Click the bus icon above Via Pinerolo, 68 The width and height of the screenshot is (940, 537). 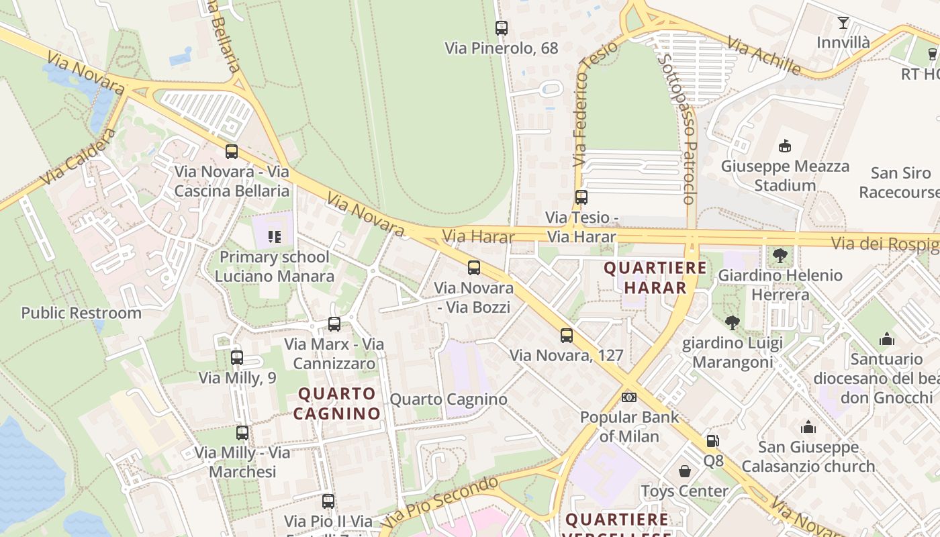[x=502, y=28]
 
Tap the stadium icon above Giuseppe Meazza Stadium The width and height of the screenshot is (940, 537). [x=784, y=146]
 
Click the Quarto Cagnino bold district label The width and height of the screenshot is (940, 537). [x=337, y=403]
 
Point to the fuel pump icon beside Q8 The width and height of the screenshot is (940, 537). [x=712, y=441]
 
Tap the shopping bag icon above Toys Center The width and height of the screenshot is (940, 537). [x=685, y=471]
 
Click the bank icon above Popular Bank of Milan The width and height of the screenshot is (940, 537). [x=629, y=397]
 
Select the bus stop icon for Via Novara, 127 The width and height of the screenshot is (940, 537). [x=567, y=336]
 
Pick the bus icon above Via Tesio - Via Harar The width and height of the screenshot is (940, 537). [x=581, y=197]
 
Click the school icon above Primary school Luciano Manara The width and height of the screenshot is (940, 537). [x=274, y=236]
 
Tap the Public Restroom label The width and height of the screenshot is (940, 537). [x=81, y=313]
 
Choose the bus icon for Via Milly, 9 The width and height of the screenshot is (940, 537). [x=237, y=358]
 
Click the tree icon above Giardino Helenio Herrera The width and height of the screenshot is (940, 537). [x=780, y=256]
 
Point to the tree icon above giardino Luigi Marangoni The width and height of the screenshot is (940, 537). [x=733, y=323]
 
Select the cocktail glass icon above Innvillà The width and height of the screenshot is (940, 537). [x=843, y=23]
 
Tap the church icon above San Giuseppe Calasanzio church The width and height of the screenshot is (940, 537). [x=808, y=427]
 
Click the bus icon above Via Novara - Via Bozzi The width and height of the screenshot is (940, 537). [x=474, y=268]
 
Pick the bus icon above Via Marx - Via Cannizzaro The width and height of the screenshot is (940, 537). [x=334, y=324]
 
